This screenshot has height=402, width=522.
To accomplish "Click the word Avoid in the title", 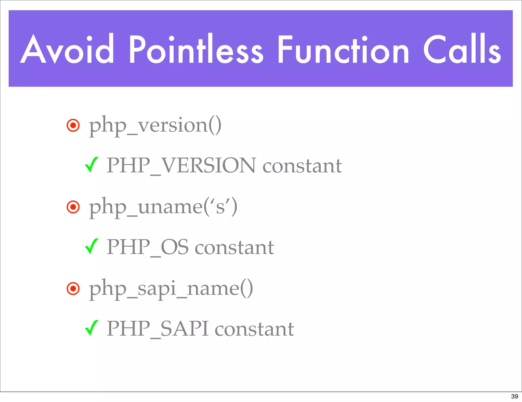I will pyautogui.click(x=67, y=49).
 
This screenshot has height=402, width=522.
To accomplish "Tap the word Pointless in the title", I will pyautogui.click(x=196, y=49).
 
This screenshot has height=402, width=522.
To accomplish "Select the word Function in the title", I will pyautogui.click(x=343, y=49).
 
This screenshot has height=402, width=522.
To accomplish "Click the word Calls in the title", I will pyautogui.click(x=462, y=49).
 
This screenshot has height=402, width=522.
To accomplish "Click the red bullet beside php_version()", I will pyautogui.click(x=73, y=125).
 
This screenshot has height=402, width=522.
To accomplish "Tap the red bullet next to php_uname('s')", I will pyautogui.click(x=73, y=207).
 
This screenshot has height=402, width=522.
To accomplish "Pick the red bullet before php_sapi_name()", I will pyautogui.click(x=73, y=288).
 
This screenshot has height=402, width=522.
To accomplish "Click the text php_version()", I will pyautogui.click(x=155, y=125).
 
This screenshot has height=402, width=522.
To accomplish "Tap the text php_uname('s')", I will pyautogui.click(x=163, y=207).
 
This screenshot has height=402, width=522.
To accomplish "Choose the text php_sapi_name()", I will pyautogui.click(x=171, y=288).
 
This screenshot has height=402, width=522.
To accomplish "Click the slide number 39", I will pyautogui.click(x=514, y=396).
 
